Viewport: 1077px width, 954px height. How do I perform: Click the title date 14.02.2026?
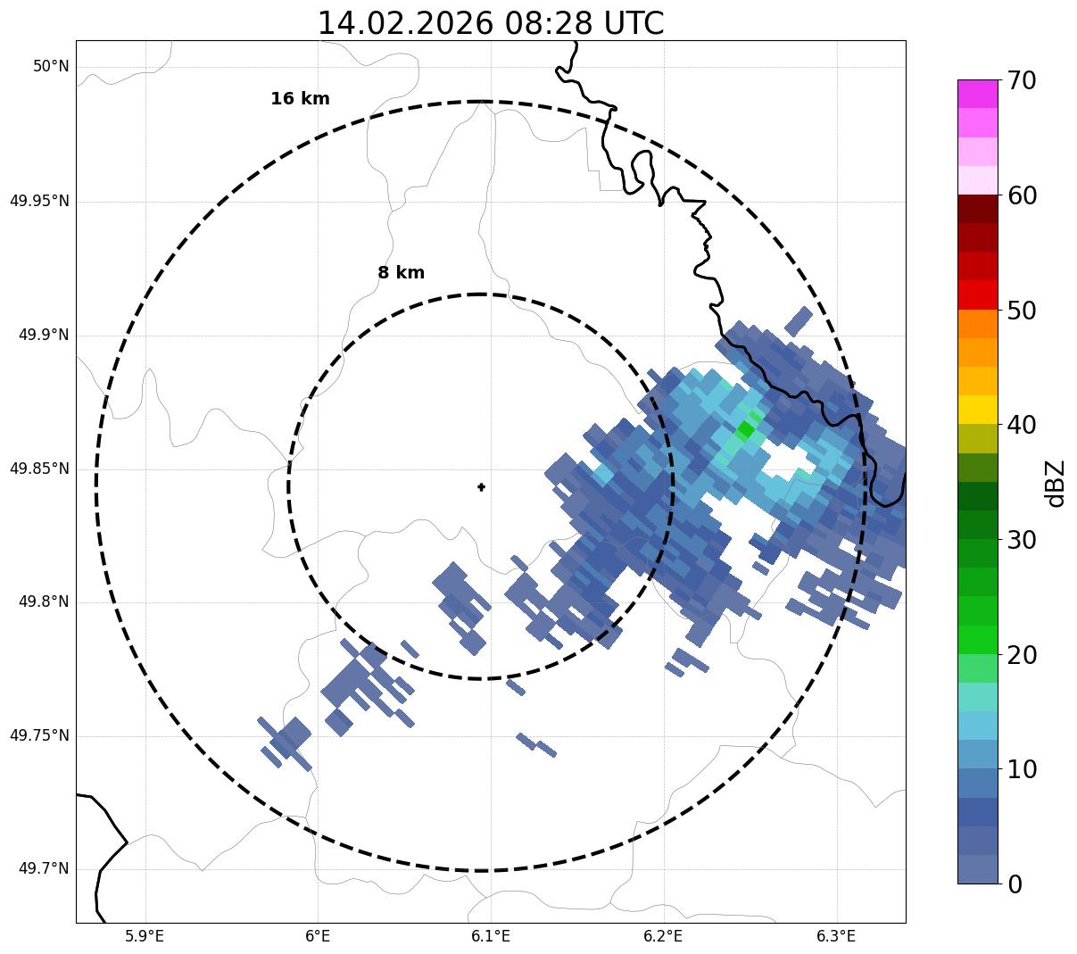tap(404, 23)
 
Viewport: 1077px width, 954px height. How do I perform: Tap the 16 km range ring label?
tap(300, 99)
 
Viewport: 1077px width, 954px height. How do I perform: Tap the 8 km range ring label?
tap(401, 273)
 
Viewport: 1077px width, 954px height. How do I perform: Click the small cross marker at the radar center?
tap(481, 486)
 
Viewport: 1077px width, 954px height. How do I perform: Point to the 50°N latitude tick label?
tap(51, 67)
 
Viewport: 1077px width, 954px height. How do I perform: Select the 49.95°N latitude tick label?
tap(39, 201)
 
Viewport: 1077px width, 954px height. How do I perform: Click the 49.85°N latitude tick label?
tap(39, 469)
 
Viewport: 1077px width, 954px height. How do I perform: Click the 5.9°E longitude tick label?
tap(145, 936)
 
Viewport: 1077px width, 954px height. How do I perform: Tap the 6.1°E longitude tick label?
tap(491, 936)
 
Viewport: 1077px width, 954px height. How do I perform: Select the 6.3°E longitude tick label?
tap(836, 936)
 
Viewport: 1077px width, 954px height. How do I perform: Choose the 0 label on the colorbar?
tap(1015, 884)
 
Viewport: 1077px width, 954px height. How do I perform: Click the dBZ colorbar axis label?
tap(1056, 483)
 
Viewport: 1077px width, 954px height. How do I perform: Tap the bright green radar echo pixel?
tap(746, 430)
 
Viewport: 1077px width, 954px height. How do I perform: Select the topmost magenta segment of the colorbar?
tap(977, 94)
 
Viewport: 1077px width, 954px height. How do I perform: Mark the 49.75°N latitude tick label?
tap(39, 735)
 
